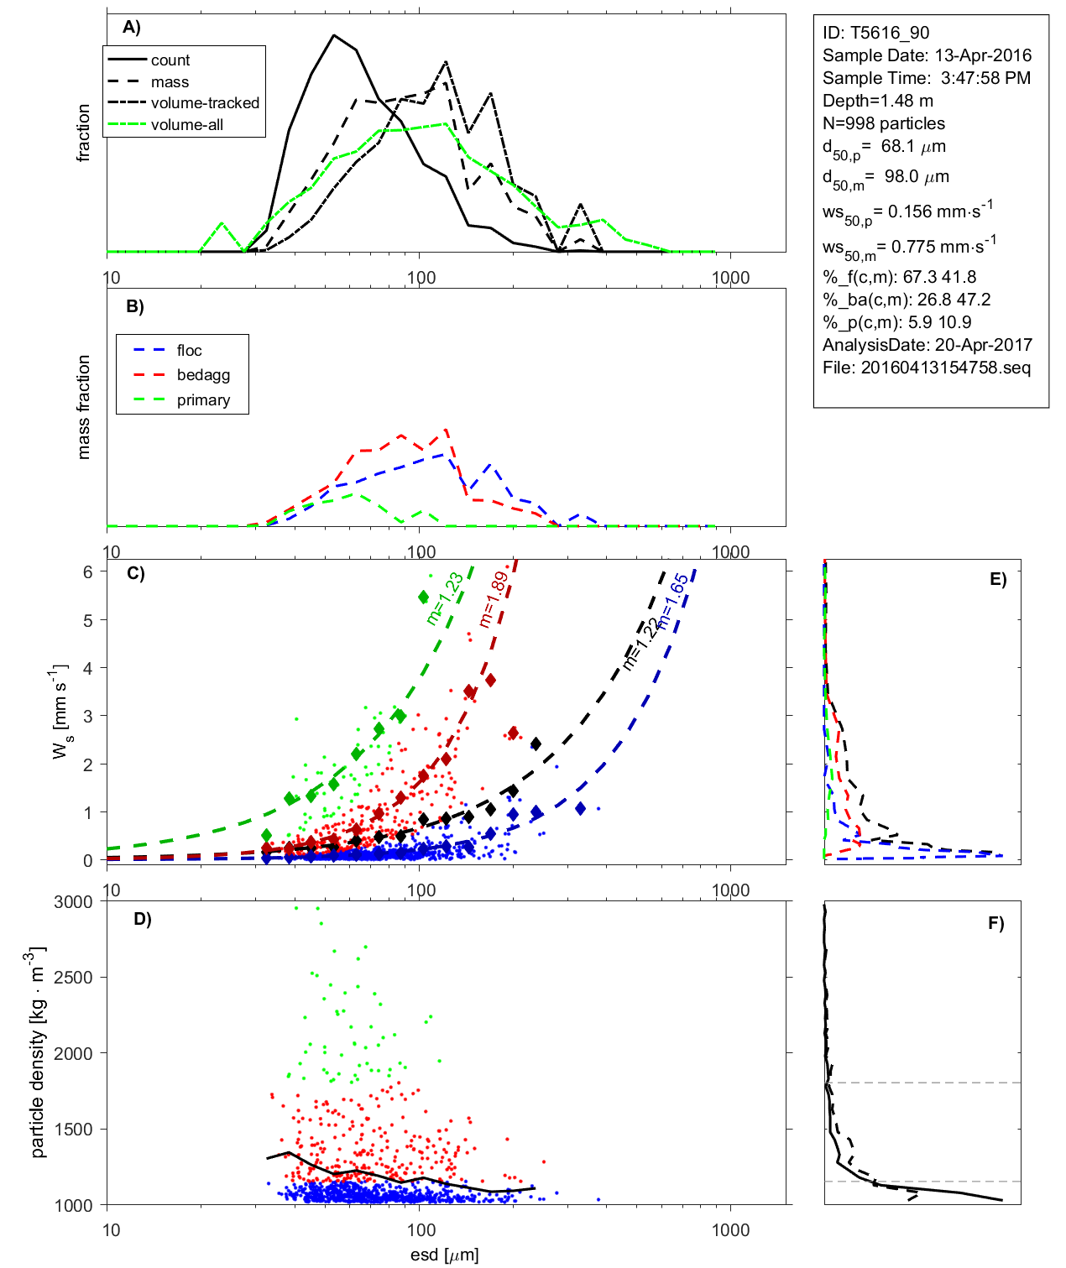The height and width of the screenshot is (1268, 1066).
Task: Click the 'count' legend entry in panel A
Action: [x=170, y=60]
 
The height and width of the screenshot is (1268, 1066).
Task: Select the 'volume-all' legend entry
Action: [x=187, y=125]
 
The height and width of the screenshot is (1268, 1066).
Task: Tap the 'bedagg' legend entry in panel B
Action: [x=203, y=375]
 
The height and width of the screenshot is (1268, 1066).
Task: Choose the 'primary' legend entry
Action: [x=203, y=400]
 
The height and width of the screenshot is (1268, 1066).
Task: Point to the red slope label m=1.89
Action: [x=493, y=600]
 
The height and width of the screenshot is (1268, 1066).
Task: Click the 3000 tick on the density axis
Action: [x=73, y=902]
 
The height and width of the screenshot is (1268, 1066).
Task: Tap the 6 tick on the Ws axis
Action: [x=87, y=571]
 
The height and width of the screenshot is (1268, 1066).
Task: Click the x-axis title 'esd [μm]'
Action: [x=444, y=1255]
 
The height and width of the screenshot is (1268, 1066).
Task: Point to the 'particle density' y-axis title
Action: [x=39, y=1052]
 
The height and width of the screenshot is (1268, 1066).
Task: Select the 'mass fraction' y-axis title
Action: [x=83, y=407]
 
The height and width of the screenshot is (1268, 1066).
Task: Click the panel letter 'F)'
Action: [x=995, y=923]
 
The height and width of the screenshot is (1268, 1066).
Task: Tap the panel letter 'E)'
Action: [x=997, y=579]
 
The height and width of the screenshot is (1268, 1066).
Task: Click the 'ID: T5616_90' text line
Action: [x=875, y=33]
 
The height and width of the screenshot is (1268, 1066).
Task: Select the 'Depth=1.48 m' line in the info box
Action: [x=877, y=101]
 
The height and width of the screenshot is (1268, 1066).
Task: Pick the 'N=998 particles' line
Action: [x=883, y=123]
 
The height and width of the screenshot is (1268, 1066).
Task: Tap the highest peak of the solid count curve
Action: [x=334, y=35]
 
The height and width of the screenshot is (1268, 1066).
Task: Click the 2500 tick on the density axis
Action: [x=73, y=978]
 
